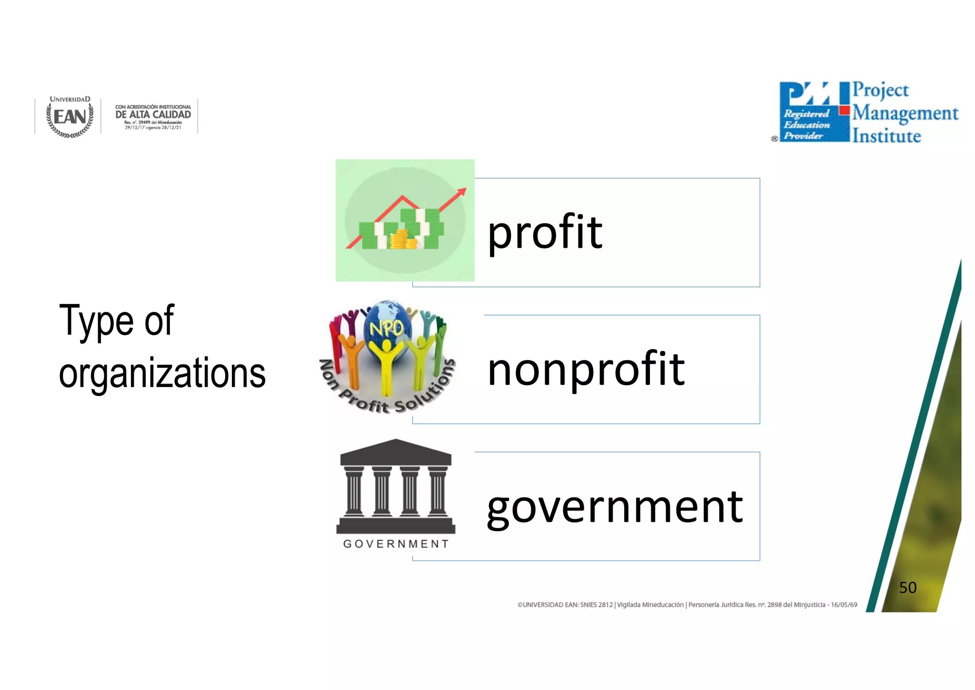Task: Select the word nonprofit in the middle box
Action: point(586,369)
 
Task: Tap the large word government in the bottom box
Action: point(614,507)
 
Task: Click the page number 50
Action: point(907,588)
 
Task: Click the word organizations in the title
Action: point(162,373)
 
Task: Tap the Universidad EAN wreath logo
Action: point(70,117)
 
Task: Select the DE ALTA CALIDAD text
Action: point(153,114)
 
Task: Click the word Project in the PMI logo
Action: point(880,90)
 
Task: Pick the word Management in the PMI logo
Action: point(905,113)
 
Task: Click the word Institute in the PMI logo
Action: point(886,136)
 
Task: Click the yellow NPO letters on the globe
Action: point(387,328)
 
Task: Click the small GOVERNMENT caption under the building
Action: point(396,544)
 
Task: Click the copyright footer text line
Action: point(687,605)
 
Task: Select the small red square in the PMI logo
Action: point(845,111)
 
